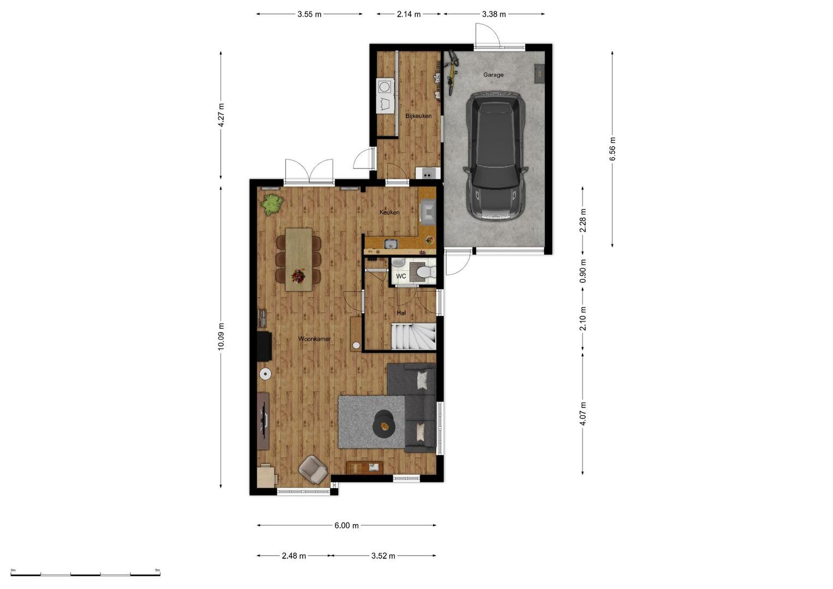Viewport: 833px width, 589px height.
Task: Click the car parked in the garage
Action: click(x=495, y=156)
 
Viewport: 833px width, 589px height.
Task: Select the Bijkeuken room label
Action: click(x=418, y=116)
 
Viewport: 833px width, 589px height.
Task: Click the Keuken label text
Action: click(x=389, y=212)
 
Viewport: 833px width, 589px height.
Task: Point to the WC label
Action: click(x=401, y=277)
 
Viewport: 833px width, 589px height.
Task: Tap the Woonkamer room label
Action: click(x=315, y=339)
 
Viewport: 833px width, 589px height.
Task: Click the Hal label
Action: click(x=401, y=313)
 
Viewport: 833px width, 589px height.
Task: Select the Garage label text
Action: click(x=493, y=75)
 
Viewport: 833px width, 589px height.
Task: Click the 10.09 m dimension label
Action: click(x=221, y=336)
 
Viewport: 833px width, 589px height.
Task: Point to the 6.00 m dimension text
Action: click(x=346, y=525)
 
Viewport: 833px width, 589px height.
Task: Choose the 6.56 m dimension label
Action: click(x=613, y=149)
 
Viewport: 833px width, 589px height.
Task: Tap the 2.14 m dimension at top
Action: click(x=409, y=14)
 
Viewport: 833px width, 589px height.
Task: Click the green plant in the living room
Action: click(x=272, y=204)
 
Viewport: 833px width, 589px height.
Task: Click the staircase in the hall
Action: click(x=413, y=336)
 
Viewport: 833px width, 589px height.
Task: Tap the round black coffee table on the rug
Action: click(x=385, y=424)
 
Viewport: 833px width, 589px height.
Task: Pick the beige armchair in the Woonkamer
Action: click(x=314, y=470)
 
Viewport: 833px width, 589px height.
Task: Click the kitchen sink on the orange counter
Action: click(x=391, y=244)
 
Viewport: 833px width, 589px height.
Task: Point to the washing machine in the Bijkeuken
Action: click(x=384, y=87)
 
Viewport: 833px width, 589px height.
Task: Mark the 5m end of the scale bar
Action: click(x=160, y=575)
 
